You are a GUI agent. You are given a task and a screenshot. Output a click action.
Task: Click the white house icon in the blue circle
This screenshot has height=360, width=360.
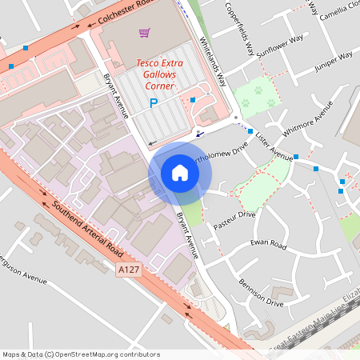(180, 173)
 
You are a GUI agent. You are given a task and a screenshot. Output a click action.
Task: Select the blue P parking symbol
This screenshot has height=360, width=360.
(154, 102)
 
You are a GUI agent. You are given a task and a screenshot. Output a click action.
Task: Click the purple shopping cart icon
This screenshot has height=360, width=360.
(144, 33)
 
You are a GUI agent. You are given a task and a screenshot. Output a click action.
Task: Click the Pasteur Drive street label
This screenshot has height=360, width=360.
(234, 221)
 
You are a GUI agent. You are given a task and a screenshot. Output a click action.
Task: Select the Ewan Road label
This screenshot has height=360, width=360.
(267, 243)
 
